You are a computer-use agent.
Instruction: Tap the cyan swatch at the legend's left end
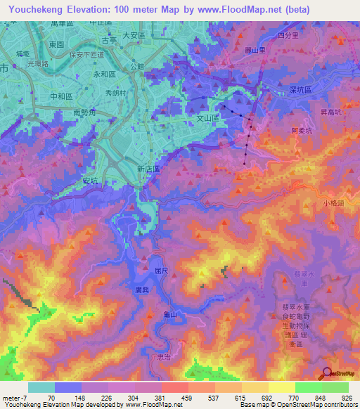(x=41, y=387)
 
